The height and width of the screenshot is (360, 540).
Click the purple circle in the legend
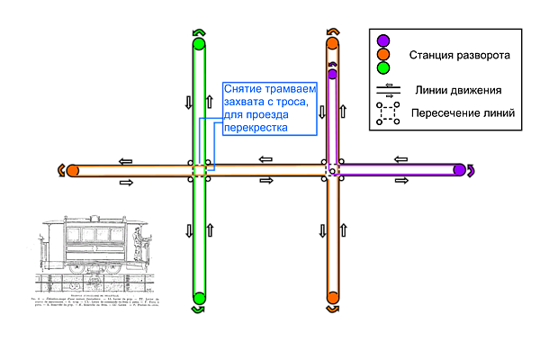[x=383, y=40]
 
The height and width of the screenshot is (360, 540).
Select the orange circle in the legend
[x=383, y=54]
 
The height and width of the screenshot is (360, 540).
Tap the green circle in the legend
[x=383, y=67]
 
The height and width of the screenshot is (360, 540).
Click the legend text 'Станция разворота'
[x=460, y=56]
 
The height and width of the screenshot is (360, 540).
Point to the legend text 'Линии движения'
[x=459, y=90]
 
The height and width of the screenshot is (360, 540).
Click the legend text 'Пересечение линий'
[x=463, y=113]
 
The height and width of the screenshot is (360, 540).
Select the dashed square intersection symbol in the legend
[x=388, y=113]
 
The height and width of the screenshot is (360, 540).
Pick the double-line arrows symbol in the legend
[x=388, y=90]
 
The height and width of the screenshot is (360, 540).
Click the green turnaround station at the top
[x=199, y=43]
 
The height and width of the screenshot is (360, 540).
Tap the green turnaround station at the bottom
[x=199, y=298]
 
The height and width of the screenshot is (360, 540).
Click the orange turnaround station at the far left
[x=73, y=170]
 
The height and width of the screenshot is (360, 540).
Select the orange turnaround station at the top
[x=332, y=43]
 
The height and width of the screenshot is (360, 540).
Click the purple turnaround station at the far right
[x=459, y=169]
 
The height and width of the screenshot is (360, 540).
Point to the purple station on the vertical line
[x=332, y=74]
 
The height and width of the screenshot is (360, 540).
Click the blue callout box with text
[x=270, y=109]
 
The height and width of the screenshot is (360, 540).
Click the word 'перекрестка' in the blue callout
[x=256, y=128]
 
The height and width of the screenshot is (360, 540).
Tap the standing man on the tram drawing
[x=137, y=244]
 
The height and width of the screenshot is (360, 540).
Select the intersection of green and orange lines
[x=200, y=170]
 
